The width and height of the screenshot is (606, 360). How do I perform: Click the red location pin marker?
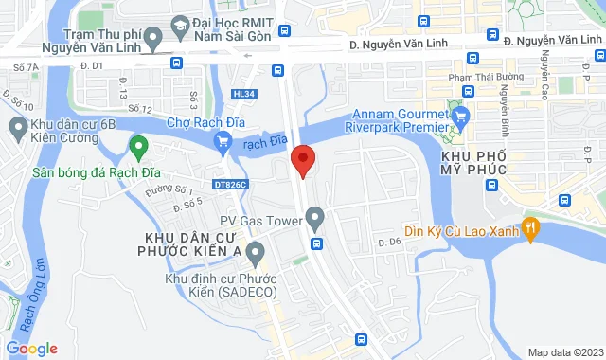click(303, 160)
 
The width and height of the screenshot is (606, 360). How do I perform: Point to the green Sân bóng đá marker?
click(139, 148)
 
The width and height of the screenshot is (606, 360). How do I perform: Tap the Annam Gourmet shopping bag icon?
click(461, 117)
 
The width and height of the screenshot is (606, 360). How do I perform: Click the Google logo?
click(31, 349)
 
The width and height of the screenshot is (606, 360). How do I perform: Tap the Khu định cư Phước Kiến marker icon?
click(254, 252)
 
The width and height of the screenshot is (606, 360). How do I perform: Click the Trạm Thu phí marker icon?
click(155, 36)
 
